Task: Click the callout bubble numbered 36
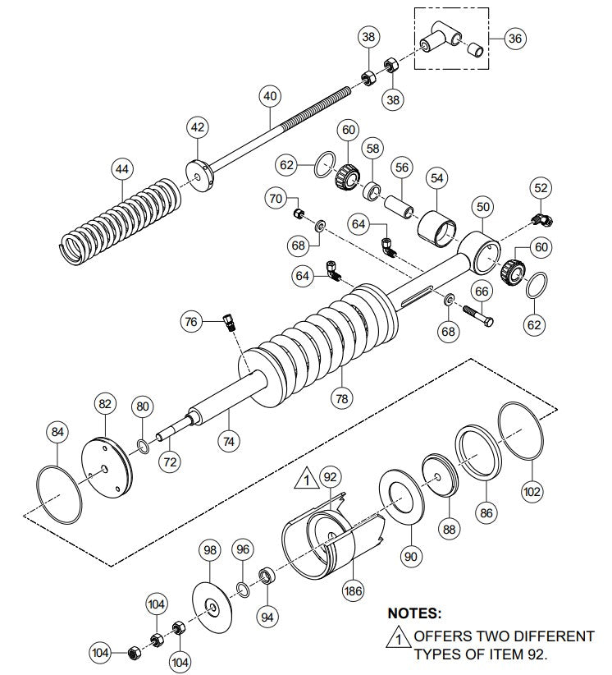[x=514, y=39]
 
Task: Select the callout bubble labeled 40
[x=271, y=96]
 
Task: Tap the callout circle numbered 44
[x=121, y=169]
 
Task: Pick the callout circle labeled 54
[x=436, y=178]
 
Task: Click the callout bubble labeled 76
[x=192, y=322]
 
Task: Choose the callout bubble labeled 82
[x=104, y=404]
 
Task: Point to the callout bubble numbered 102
[x=532, y=492]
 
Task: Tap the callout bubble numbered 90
[x=410, y=555]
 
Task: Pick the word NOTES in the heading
[x=413, y=613]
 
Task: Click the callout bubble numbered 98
[x=211, y=549]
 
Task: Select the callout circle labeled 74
[x=229, y=440]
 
